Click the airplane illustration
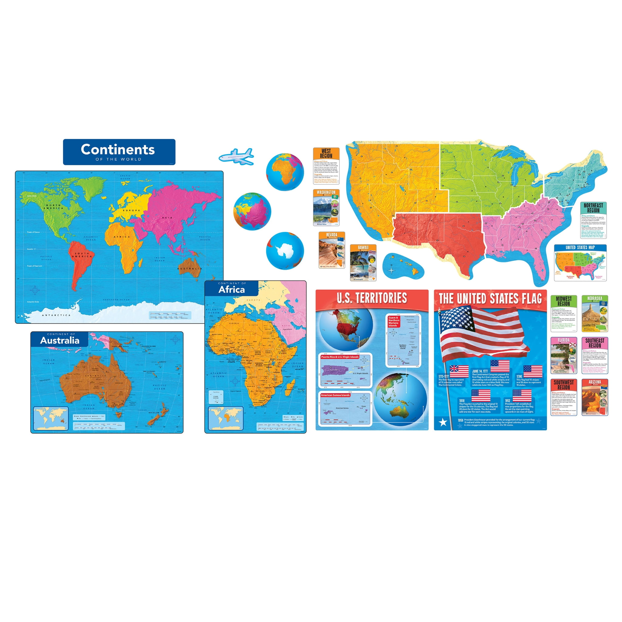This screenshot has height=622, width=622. point(236,156)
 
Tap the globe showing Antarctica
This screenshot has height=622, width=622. point(285,251)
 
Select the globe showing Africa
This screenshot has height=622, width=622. point(285,172)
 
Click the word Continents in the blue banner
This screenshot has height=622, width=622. point(118,149)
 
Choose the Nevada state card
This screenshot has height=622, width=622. point(332,250)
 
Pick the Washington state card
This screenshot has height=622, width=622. point(326,208)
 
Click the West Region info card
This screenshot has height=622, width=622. point(326,166)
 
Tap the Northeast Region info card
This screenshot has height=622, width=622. point(593,220)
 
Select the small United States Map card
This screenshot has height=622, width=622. point(580,262)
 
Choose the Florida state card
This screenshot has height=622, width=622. point(563,355)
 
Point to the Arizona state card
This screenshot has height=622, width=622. point(595,397)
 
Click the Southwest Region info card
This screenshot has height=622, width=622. point(563,397)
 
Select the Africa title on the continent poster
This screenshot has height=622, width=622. point(231,290)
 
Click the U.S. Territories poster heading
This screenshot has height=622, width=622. point(372,298)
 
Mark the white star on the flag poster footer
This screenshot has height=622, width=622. point(443,422)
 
